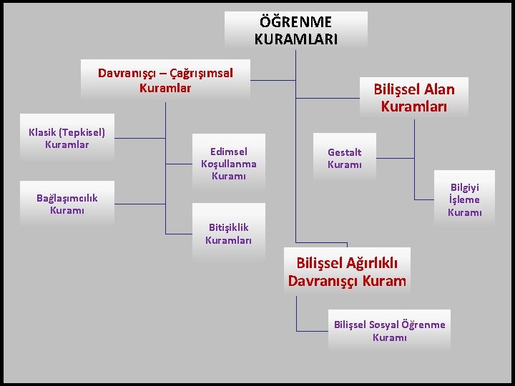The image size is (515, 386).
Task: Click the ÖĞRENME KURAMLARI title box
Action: pyautogui.click(x=295, y=30)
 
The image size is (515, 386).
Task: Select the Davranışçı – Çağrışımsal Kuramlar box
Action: pyautogui.click(x=165, y=80)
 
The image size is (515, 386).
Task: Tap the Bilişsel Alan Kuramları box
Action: pyautogui.click(x=414, y=97)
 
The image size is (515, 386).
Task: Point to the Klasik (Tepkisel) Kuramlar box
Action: pyautogui.click(x=67, y=139)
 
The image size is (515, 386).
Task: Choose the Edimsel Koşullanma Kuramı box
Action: pyautogui.click(x=229, y=163)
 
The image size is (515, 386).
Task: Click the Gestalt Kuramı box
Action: pyautogui.click(x=345, y=158)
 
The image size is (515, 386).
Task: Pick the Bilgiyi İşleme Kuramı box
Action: pyautogui.click(x=464, y=199)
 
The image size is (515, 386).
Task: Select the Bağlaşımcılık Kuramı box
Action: pyautogui.click(x=67, y=204)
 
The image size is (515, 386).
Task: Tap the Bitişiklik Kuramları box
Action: pyautogui.click(x=228, y=234)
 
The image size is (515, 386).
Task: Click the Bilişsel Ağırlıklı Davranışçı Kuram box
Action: pyautogui.click(x=347, y=272)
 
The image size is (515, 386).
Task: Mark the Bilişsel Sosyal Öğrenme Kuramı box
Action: pyautogui.click(x=389, y=330)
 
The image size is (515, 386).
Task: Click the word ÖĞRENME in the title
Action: pyautogui.click(x=295, y=22)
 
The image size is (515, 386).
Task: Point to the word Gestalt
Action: pyautogui.click(x=345, y=152)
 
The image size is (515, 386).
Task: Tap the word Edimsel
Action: pyautogui.click(x=229, y=152)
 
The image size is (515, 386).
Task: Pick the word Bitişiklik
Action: pyautogui.click(x=228, y=227)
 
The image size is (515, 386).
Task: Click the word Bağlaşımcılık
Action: pyautogui.click(x=67, y=198)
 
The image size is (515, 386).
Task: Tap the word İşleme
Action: pyautogui.click(x=464, y=199)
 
